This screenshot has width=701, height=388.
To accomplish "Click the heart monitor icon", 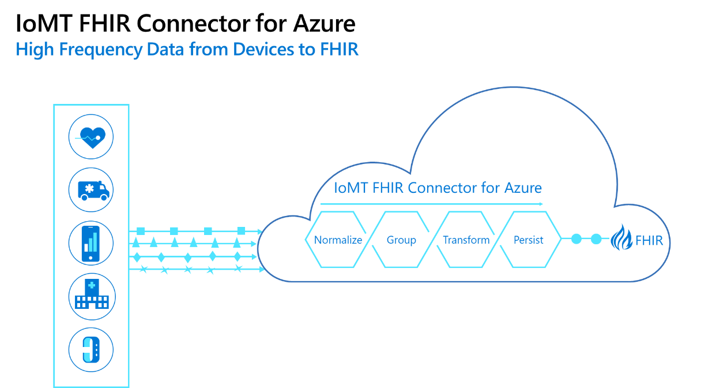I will (x=91, y=137).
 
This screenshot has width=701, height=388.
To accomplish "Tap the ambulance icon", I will (x=91, y=189).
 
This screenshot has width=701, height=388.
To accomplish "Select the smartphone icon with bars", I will (x=91, y=243).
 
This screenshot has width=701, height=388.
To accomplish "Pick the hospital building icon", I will (x=91, y=297).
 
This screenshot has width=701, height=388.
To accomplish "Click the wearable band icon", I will (x=91, y=350).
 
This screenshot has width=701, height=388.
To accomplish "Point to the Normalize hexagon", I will (x=338, y=240).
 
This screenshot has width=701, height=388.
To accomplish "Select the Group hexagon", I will (x=401, y=240).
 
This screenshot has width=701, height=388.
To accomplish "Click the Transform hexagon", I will (x=466, y=240).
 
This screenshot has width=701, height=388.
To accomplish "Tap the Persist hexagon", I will (x=528, y=240).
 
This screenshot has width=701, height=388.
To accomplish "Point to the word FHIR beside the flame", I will (x=649, y=240).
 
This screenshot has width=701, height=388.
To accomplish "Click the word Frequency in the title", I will (x=95, y=50).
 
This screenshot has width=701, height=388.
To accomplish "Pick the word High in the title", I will (x=30, y=50).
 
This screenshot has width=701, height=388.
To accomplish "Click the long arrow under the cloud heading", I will (x=431, y=204).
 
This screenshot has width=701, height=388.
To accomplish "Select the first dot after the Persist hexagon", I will (x=576, y=239).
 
